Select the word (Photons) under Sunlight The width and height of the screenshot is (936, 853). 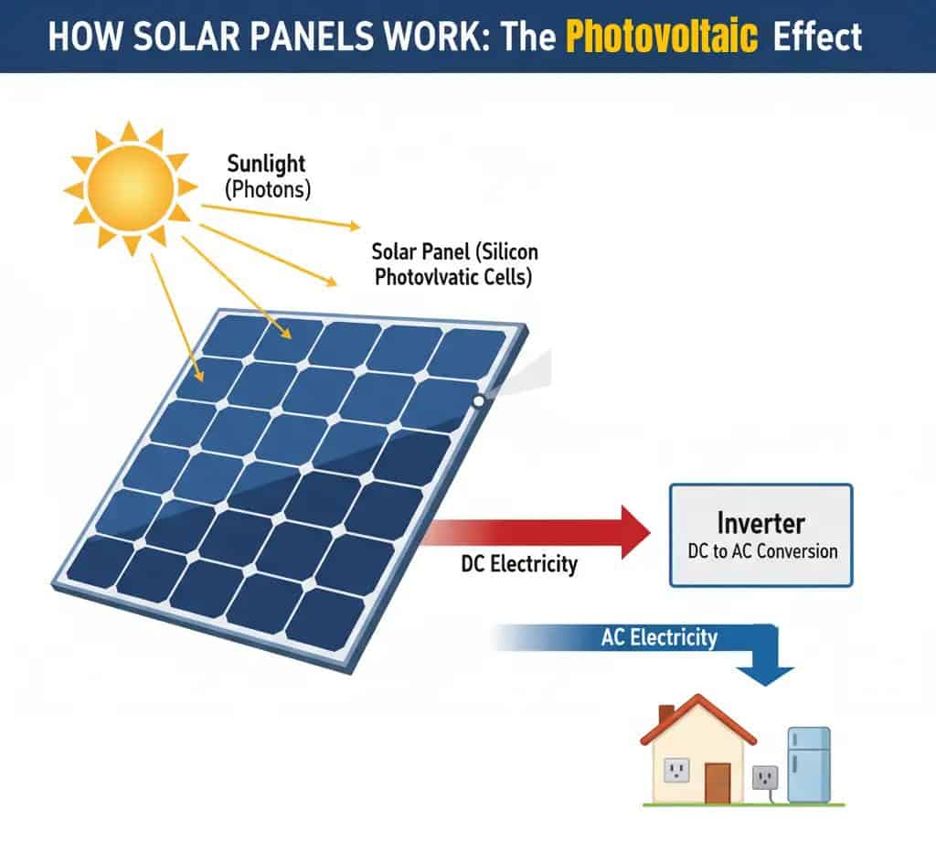(x=269, y=190)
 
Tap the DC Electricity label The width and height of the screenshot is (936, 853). (x=519, y=564)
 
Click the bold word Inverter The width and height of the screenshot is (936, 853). (x=760, y=523)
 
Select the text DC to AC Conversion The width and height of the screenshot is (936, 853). (x=761, y=551)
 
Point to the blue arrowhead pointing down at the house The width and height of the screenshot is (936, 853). (x=765, y=674)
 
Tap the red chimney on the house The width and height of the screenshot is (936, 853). (x=666, y=713)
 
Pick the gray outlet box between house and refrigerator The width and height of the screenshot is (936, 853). (x=764, y=778)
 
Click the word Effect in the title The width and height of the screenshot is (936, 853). (x=816, y=37)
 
